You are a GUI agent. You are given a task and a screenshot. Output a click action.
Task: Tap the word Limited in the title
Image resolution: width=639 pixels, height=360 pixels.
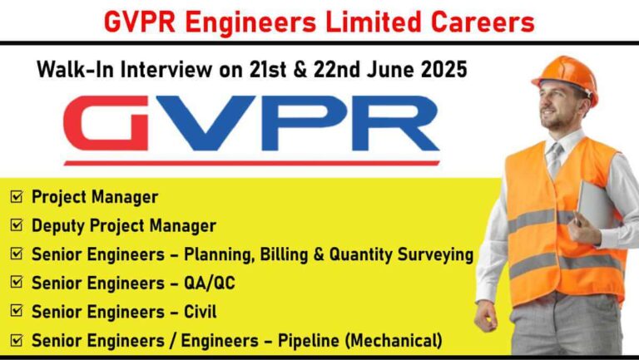373,22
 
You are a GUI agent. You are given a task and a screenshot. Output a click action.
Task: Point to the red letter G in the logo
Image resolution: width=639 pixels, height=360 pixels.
106,123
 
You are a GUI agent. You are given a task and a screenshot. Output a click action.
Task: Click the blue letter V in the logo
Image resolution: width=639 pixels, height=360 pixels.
201,123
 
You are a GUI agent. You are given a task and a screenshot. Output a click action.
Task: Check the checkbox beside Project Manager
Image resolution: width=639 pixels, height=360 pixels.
17,197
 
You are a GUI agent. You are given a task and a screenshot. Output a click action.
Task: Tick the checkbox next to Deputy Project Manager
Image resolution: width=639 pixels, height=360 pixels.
17,225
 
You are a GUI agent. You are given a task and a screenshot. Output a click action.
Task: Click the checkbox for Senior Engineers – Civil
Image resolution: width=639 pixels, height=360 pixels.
17,311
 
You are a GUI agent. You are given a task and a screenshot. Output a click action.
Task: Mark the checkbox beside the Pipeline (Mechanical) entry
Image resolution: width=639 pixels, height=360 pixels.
17,340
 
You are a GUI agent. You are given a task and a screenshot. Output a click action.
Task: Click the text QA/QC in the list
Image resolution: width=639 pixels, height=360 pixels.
210,283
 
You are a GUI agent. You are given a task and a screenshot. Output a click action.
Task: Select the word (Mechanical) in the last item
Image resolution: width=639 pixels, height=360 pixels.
394,340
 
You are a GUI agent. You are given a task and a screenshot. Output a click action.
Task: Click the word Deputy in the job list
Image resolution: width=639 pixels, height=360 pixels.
59,226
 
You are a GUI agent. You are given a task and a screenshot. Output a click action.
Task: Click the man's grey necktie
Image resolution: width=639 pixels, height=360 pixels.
555,160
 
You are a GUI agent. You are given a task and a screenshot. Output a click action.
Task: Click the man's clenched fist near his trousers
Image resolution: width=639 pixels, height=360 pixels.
486,317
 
